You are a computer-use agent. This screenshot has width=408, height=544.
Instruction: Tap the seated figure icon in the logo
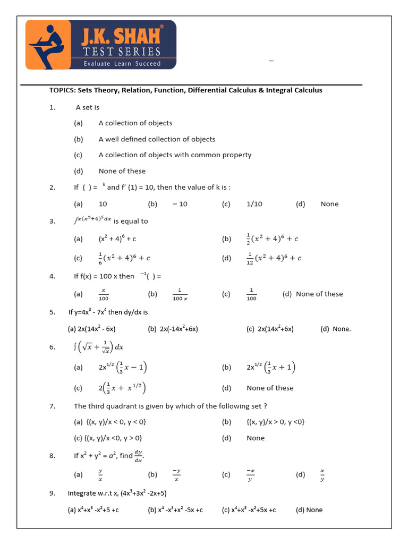(x=48, y=44)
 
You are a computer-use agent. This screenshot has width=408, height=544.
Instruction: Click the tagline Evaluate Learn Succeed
(x=122, y=63)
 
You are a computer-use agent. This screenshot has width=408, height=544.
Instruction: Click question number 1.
(x=52, y=107)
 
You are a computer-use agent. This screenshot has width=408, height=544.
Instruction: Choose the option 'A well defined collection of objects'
(x=157, y=139)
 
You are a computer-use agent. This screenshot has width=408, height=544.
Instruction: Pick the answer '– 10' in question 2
(x=180, y=204)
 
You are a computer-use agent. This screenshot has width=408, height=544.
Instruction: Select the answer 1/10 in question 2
(x=254, y=204)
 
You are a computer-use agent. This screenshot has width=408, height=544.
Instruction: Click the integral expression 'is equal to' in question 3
(x=111, y=220)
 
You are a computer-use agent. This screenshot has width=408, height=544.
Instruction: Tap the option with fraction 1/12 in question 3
(x=274, y=258)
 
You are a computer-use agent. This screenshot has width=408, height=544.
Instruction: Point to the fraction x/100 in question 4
(x=104, y=294)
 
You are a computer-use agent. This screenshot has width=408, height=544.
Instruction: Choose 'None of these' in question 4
(x=319, y=294)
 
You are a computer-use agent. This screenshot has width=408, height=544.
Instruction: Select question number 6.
(x=52, y=347)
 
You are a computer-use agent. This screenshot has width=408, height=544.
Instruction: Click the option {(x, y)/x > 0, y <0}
(x=275, y=422)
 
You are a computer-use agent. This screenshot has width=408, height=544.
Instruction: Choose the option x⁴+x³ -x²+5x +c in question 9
(x=249, y=510)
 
